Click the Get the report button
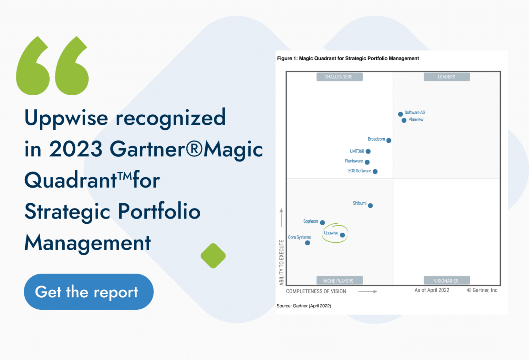pos(89,292)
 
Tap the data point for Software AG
pos(400,114)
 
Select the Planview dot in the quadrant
pos(404,120)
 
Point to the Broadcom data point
pos(389,140)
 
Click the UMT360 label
pos(357,151)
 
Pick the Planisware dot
pos(367,162)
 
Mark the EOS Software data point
pos(375,171)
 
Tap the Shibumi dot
pos(370,206)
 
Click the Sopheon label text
pos(310,221)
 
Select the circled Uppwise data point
pos(342,235)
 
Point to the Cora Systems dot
pos(308,243)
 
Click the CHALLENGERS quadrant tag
pos(339,77)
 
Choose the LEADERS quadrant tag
pos(446,77)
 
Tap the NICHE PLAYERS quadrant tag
pos(339,281)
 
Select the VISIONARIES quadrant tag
pos(446,281)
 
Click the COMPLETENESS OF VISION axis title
pos(316,292)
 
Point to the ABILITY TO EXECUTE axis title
pos(282,263)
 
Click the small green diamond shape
pos(213,256)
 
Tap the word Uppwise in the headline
pos(66,118)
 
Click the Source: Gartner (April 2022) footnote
pos(304,306)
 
